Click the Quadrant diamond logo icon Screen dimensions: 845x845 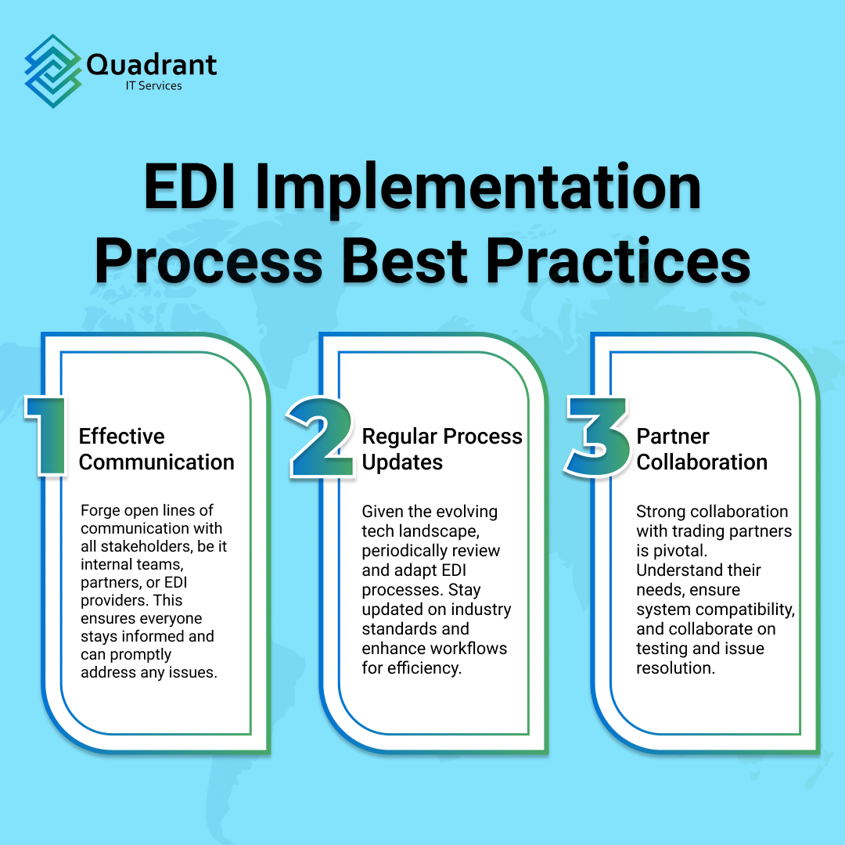[x=54, y=70]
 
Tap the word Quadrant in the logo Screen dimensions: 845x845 [x=152, y=63]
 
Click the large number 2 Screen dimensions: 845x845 [x=321, y=436]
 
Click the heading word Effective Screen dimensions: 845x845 [x=122, y=436]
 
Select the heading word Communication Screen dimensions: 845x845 [x=156, y=462]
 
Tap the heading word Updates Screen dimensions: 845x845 [x=402, y=462]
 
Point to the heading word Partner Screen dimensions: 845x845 [x=673, y=436]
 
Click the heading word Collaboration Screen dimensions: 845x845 [x=702, y=462]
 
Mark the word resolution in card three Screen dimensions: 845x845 [x=675, y=667]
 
